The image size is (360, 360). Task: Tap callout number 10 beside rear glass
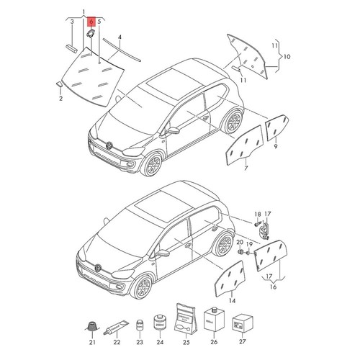pos(286,56)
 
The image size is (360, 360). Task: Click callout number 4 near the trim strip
pos(120,35)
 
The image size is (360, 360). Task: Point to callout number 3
pos(72,22)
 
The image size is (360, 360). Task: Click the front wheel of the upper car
pos(153,167)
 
